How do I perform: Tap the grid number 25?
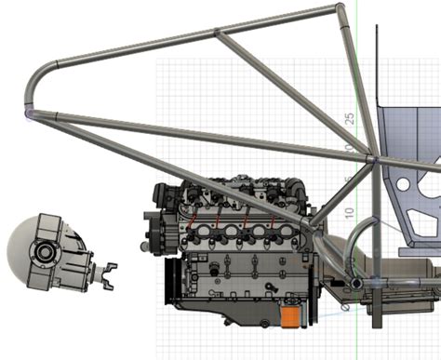coord(351,118)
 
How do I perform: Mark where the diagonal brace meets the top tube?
coord(216,33)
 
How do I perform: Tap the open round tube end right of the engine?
coord(355,282)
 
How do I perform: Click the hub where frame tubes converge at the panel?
coord(370,159)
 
